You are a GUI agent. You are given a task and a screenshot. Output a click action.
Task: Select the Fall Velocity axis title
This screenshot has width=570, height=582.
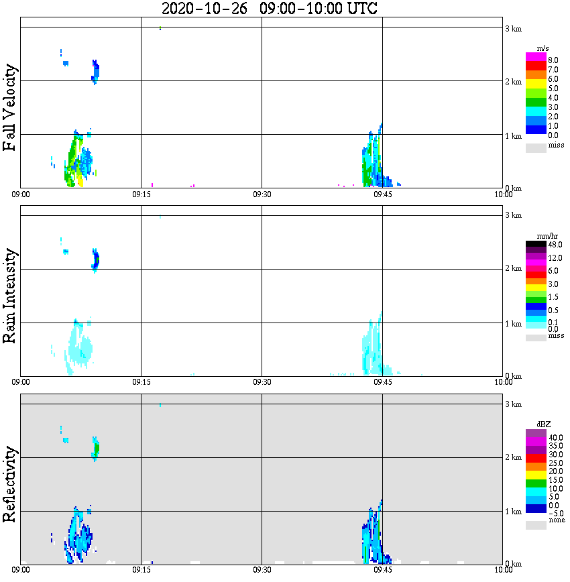10,107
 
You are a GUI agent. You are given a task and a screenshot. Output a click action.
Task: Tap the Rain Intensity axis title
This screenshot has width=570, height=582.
10,296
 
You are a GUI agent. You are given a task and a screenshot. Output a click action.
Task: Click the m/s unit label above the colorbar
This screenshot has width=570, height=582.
544,50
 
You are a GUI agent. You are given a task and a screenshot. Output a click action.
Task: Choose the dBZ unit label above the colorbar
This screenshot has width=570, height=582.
543,424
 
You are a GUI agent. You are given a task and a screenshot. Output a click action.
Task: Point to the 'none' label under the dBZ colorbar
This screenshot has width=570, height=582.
556,520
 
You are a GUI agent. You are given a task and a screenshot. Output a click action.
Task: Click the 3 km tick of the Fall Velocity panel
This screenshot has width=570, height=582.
513,28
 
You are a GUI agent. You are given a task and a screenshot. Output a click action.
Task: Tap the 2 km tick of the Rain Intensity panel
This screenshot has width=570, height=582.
513,269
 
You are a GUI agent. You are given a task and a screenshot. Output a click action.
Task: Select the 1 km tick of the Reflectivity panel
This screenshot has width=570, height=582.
513,512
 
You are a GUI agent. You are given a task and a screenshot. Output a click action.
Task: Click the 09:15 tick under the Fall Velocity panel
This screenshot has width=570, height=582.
141,194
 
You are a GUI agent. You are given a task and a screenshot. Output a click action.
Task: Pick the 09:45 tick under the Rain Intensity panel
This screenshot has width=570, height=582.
382,382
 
